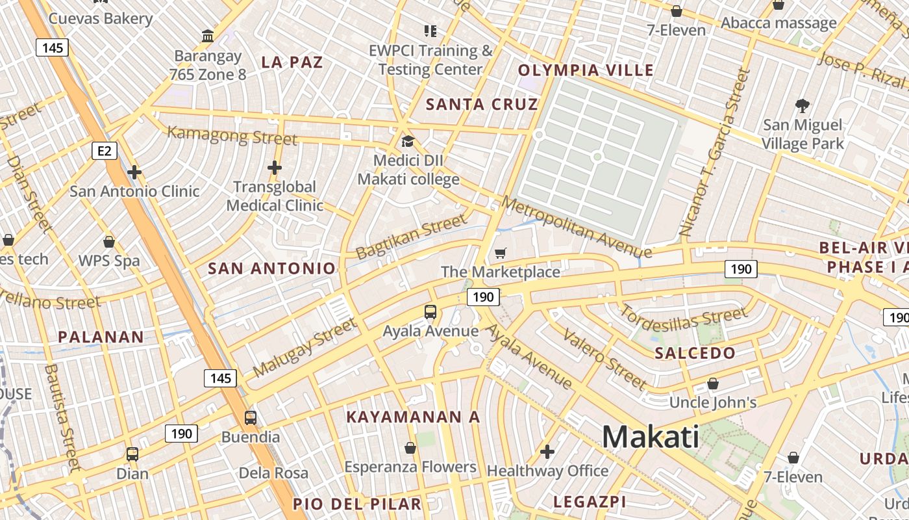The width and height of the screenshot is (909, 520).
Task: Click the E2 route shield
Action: point(105,151)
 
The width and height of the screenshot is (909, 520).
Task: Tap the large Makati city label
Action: point(651,437)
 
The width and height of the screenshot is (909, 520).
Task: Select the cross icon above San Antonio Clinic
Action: point(134,172)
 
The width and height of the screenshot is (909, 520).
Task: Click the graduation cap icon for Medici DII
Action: point(408,141)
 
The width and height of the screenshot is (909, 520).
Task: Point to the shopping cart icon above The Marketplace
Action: point(500,253)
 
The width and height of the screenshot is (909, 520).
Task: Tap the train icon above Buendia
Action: point(251,418)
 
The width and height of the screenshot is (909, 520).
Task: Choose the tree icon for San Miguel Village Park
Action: point(803,106)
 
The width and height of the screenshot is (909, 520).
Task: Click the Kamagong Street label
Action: point(232,136)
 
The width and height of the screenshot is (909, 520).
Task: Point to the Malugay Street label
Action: point(305,347)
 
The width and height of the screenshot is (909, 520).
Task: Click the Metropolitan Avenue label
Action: point(576,227)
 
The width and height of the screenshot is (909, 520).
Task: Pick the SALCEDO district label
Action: point(695,353)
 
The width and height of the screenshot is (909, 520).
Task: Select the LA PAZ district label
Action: point(292,62)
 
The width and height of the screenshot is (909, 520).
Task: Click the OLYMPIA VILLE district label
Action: point(586,70)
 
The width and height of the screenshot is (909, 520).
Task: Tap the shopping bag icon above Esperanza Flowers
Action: point(410,448)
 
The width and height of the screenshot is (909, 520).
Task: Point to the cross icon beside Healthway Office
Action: point(547,451)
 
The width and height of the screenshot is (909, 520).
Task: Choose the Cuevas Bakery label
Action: point(101,18)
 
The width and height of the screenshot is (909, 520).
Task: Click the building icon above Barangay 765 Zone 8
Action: point(208,36)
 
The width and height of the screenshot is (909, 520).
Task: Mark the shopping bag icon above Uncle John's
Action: point(713,383)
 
